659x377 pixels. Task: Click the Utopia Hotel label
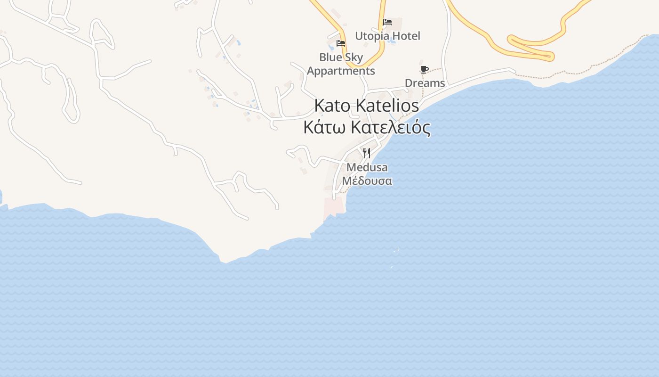tap(387, 36)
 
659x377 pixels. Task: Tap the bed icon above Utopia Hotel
tap(387, 22)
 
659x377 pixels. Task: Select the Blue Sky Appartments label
tap(341, 64)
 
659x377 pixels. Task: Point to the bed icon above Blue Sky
tap(341, 43)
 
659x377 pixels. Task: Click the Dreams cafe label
tap(425, 83)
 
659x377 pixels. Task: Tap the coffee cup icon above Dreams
tap(424, 70)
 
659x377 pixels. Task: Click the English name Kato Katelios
tap(366, 106)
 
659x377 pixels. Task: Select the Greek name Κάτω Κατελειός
tap(367, 127)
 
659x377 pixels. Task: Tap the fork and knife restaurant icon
tap(367, 153)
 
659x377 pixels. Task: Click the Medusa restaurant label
tap(367, 167)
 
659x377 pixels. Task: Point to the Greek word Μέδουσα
tap(367, 181)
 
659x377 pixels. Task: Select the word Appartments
tap(341, 71)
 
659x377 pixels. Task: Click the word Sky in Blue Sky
tap(354, 57)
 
